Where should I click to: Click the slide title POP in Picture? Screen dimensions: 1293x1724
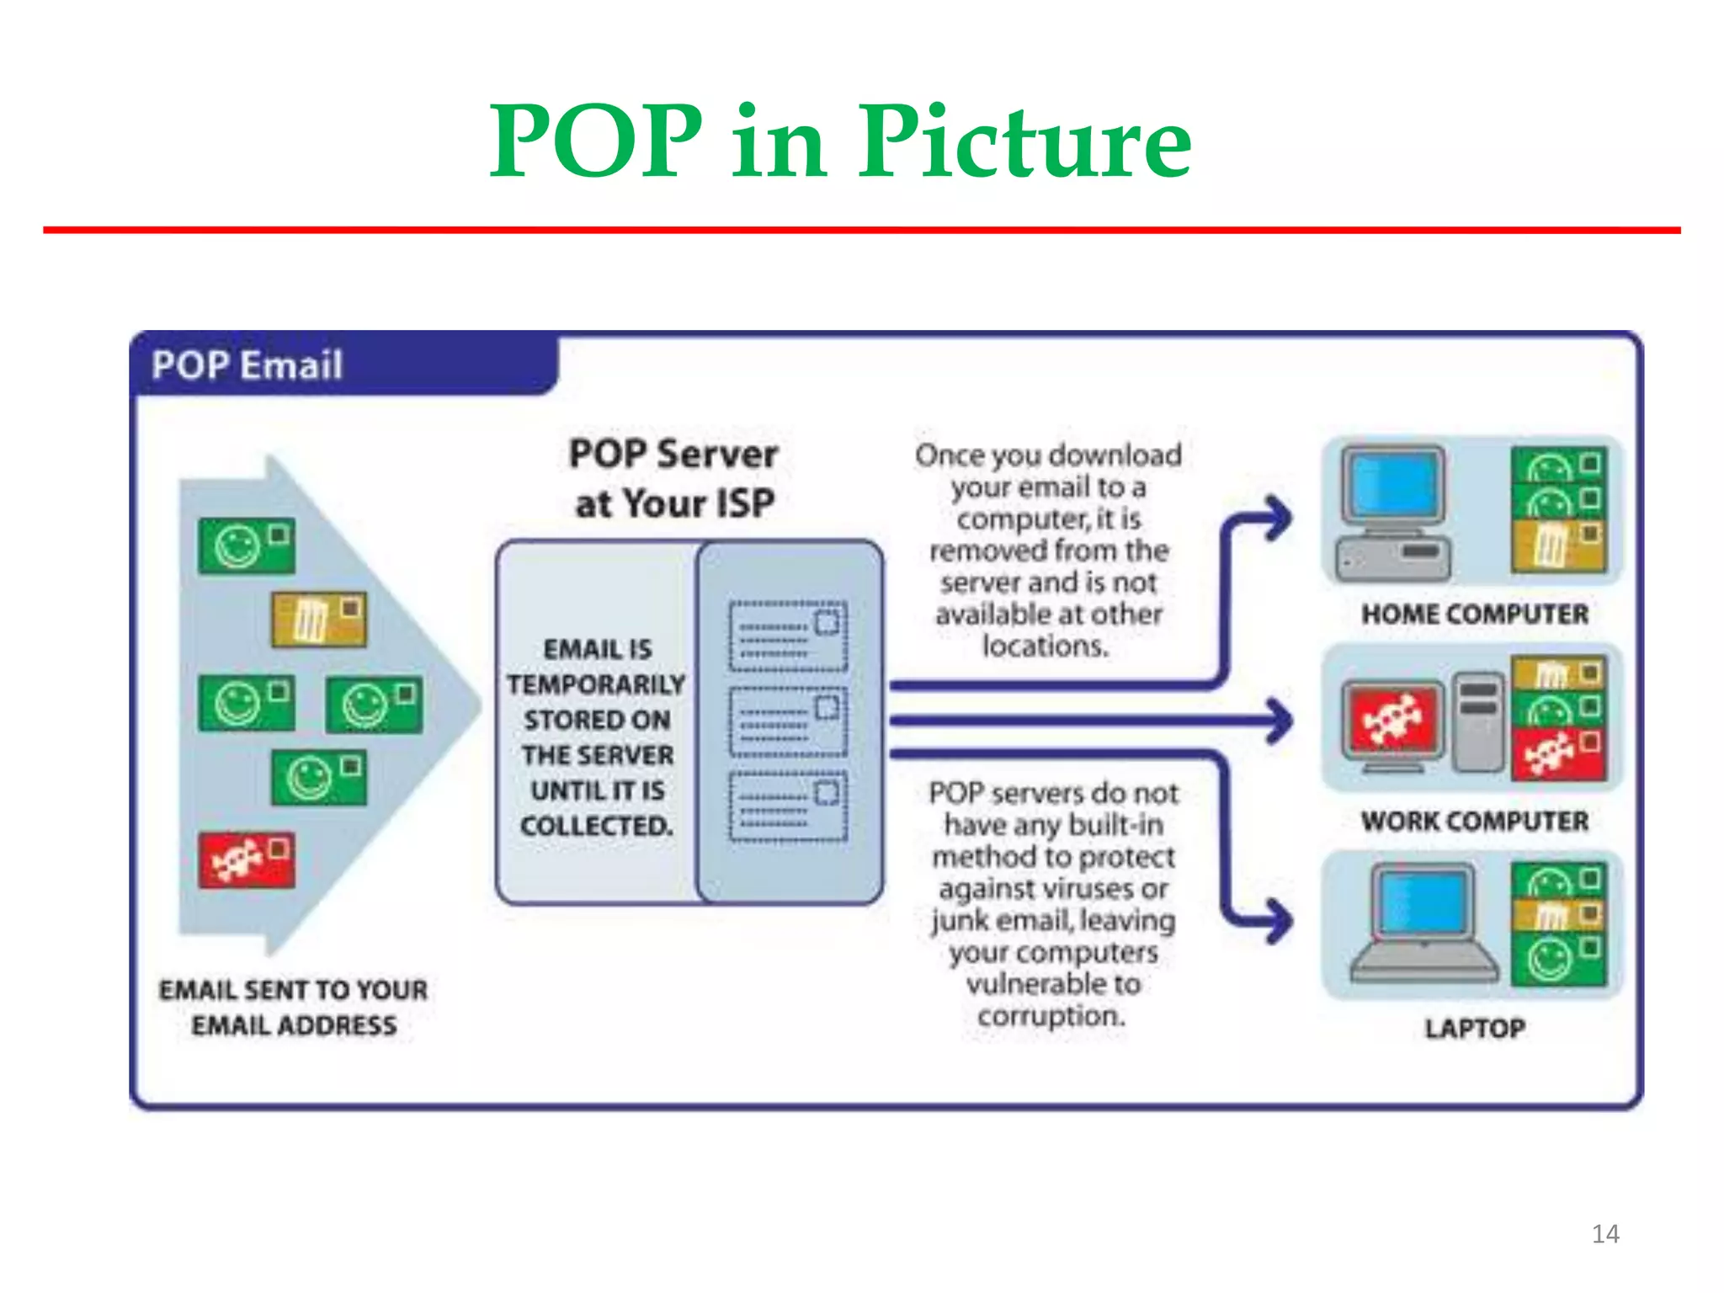coord(840,141)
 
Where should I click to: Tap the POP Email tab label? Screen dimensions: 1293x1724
coord(247,365)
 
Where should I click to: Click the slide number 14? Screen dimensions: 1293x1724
coord(1604,1233)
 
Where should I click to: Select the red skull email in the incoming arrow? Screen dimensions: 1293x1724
coord(247,859)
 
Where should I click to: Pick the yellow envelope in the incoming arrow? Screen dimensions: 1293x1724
coord(319,620)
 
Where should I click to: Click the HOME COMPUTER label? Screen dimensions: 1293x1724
coord(1475,614)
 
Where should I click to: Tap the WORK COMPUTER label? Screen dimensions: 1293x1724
coord(1475,821)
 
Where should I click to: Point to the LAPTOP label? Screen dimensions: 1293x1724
coord(1475,1028)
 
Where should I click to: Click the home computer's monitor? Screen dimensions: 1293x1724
coord(1394,484)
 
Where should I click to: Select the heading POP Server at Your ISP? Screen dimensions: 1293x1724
coord(673,478)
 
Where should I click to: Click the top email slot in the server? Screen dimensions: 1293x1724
coord(788,636)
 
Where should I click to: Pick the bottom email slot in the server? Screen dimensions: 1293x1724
coord(788,806)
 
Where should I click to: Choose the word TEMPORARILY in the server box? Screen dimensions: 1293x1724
coord(596,684)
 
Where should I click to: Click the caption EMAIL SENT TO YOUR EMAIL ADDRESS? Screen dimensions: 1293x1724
coord(294,1007)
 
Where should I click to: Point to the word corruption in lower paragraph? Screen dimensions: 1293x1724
coord(1051,1016)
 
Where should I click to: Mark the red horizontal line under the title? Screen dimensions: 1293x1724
coord(862,230)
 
